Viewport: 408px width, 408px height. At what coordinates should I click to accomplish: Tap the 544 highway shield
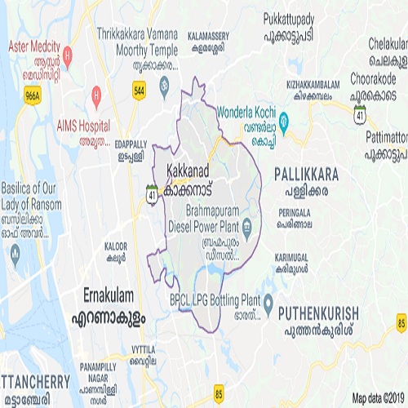[140, 91]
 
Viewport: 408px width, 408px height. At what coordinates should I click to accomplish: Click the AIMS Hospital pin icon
[97, 95]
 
